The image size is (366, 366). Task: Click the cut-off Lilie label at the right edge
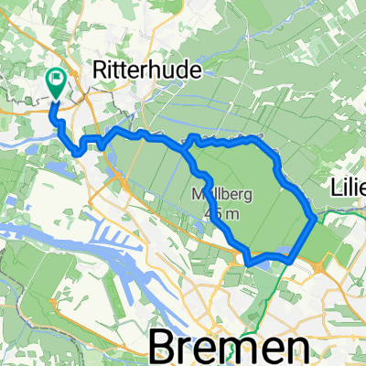(347, 188)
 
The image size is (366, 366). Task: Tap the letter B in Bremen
(162, 347)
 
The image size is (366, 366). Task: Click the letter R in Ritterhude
(102, 69)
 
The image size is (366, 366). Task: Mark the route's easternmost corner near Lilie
(317, 218)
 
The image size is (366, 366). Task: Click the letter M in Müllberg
(198, 194)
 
